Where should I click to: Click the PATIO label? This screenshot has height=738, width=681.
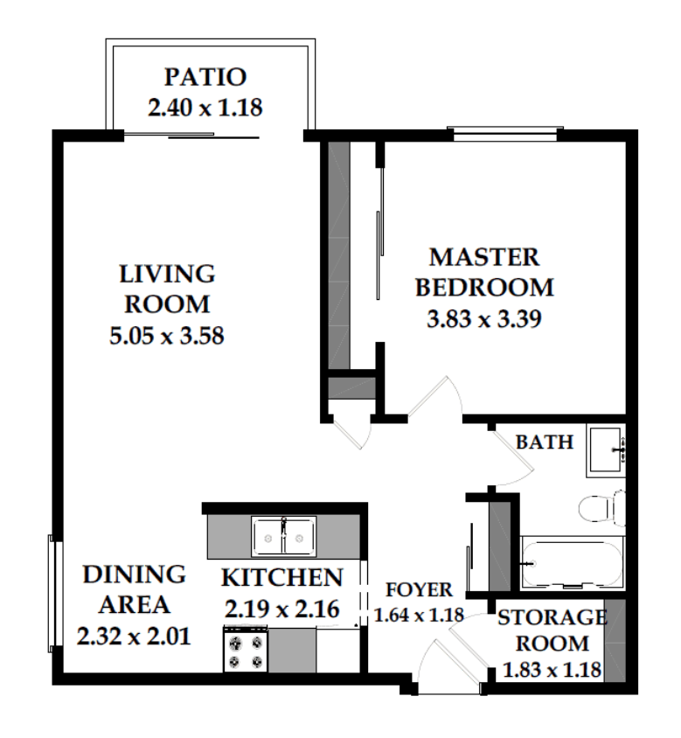205,77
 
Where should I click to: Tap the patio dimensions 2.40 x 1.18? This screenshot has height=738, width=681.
205,108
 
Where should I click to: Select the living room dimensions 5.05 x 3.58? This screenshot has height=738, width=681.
167,336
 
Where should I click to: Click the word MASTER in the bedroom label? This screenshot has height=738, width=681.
484,257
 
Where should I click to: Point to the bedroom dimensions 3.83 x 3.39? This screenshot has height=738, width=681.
484,318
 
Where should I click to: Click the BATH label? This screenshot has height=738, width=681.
545,442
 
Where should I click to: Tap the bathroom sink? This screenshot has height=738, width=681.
606,450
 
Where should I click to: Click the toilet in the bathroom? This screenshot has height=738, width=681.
602,508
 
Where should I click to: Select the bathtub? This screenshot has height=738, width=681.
573,563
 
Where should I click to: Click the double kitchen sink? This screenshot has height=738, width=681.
283,537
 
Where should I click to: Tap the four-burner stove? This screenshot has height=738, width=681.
245,651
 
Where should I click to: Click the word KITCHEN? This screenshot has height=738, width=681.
281,578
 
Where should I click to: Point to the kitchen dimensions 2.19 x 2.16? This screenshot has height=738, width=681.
281,609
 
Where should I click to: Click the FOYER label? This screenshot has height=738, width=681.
419,589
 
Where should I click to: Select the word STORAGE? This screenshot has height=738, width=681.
552,617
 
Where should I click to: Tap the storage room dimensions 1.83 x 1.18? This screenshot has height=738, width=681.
552,669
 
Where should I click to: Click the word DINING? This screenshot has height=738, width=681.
134,574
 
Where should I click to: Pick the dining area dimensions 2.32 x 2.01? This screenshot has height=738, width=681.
134,637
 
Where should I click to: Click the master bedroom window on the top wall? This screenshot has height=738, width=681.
505,134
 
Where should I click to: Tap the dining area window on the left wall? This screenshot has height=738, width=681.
56,594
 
